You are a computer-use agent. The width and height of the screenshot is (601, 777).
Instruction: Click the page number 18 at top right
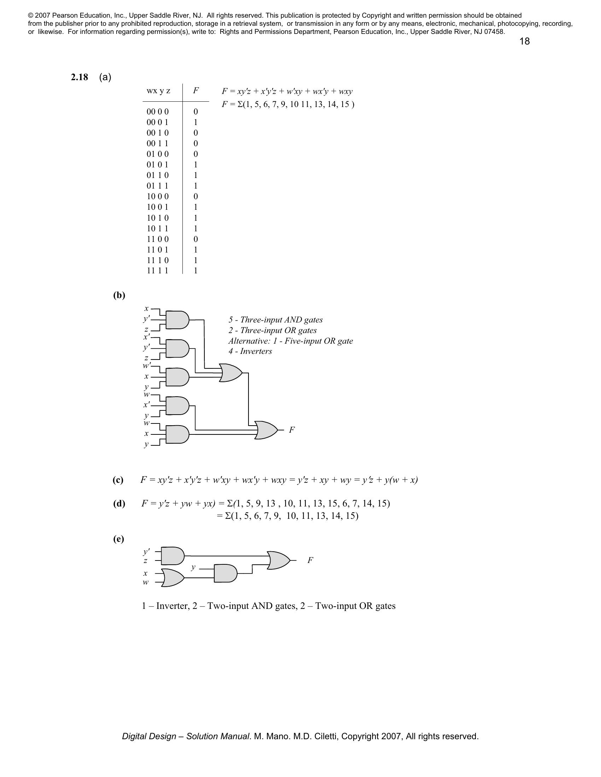pyautogui.click(x=524, y=42)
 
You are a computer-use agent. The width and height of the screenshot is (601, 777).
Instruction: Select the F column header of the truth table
pyautogui.click(x=196, y=91)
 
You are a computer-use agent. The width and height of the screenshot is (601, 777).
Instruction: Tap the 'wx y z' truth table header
pyautogui.click(x=158, y=91)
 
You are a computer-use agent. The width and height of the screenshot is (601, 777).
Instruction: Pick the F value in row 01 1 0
pyautogui.click(x=196, y=175)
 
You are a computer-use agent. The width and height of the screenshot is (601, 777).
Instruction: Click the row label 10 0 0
pyautogui.click(x=158, y=196)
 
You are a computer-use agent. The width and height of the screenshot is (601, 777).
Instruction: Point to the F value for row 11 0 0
pyautogui.click(x=196, y=239)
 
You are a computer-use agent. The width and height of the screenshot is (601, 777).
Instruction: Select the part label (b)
pyautogui.click(x=119, y=295)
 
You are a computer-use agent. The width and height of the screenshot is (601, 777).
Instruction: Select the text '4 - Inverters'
pyautogui.click(x=250, y=351)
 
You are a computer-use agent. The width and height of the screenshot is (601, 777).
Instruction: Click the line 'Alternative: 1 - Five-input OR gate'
pyautogui.click(x=291, y=341)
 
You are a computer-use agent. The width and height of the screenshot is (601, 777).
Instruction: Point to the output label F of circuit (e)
pyautogui.click(x=310, y=560)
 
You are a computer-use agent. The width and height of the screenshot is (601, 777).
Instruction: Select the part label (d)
pyautogui.click(x=119, y=503)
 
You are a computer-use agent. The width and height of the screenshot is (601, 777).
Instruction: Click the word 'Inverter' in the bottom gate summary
pyautogui.click(x=172, y=605)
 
